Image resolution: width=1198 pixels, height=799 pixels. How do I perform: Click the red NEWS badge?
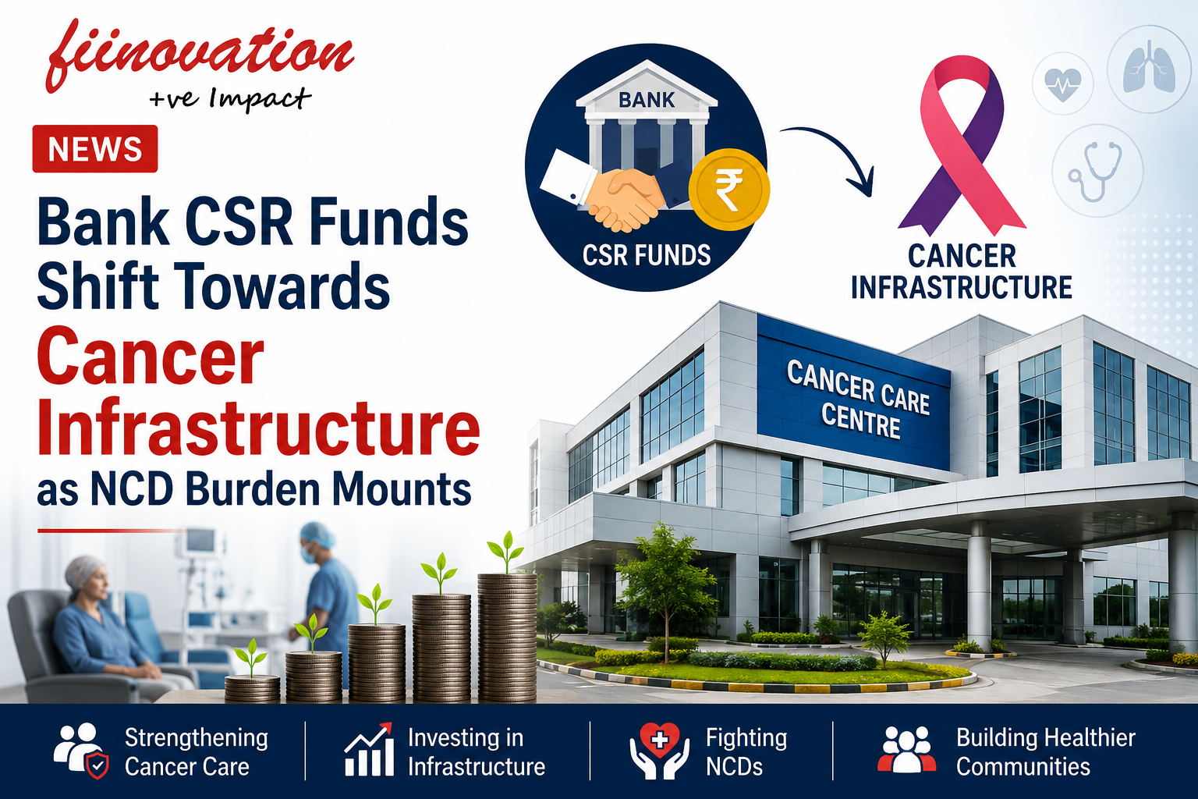coord(95,149)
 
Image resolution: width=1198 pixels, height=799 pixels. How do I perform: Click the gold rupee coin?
coord(729,190)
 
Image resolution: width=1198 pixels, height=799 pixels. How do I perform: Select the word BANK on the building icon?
coord(647,100)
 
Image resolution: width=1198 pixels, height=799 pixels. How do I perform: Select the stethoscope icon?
coord(1097,171)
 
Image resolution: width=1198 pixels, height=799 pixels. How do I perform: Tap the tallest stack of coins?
coord(507,637)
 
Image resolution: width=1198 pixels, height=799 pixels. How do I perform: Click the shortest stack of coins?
coord(252,688)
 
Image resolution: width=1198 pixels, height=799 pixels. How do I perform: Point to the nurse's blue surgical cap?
coord(317,535)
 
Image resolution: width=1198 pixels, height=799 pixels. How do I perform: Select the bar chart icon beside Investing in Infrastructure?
coord(369,750)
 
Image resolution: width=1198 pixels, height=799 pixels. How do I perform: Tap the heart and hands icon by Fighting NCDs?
coord(659,750)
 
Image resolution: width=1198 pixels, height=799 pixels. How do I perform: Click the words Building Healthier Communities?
coord(1046,752)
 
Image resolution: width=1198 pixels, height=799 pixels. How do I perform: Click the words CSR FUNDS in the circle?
coord(647,255)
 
